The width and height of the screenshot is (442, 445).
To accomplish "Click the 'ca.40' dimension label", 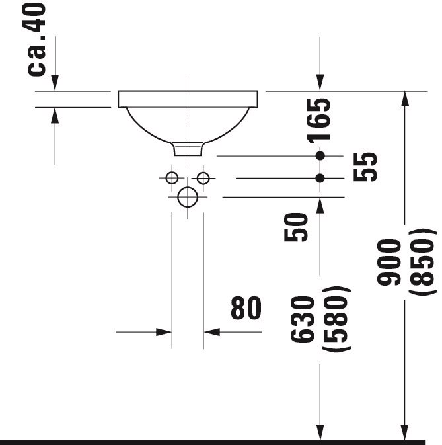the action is pyautogui.click(x=34, y=39).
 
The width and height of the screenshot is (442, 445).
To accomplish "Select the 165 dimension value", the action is pyautogui.click(x=318, y=120).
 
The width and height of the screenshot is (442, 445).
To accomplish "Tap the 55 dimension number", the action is pyautogui.click(x=365, y=167).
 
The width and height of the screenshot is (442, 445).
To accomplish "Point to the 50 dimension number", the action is pyautogui.click(x=296, y=227).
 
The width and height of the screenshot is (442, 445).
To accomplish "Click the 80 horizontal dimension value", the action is pyautogui.click(x=246, y=308).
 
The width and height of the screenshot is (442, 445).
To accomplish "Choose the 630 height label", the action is pyautogui.click(x=303, y=319).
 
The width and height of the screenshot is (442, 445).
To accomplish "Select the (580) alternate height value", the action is pyautogui.click(x=336, y=319).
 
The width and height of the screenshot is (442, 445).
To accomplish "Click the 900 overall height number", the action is pyautogui.click(x=389, y=263).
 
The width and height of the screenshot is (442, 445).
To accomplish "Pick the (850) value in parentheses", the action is pyautogui.click(x=422, y=263).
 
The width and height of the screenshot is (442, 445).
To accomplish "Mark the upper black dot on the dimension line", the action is pyautogui.click(x=320, y=156).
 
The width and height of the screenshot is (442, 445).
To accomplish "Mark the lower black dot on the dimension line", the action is pyautogui.click(x=320, y=179).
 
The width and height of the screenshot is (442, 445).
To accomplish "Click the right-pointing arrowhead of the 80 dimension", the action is pyautogui.click(x=164, y=332).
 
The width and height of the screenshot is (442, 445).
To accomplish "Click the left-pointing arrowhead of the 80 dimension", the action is pyautogui.click(x=211, y=332).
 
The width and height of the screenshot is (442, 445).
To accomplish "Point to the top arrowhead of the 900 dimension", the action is pyautogui.click(x=405, y=99).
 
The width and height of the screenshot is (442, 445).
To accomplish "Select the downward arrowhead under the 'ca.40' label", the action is pyautogui.click(x=55, y=83).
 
